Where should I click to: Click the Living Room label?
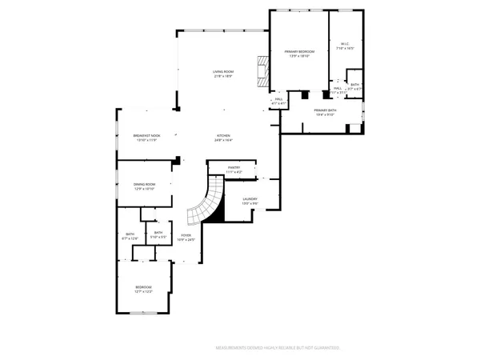pyautogui.click(x=222, y=71)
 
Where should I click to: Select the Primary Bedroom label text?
pyautogui.click(x=299, y=52)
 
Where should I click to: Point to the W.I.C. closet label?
pyautogui.click(x=346, y=44)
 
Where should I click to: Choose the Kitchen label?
pyautogui.click(x=223, y=135)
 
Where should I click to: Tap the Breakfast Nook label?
pyautogui.click(x=147, y=135)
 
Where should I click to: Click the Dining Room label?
pyautogui.click(x=145, y=184)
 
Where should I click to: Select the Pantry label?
pyautogui.click(x=234, y=167)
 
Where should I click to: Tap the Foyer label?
pyautogui.click(x=186, y=234)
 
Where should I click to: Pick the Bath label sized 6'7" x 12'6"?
pyautogui.click(x=130, y=234)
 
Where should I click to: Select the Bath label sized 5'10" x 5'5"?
pyautogui.click(x=158, y=232)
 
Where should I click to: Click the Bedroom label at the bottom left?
pyautogui.click(x=143, y=286)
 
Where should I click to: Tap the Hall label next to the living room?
pyautogui.click(x=279, y=99)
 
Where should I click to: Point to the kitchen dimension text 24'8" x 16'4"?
pyautogui.click(x=223, y=140)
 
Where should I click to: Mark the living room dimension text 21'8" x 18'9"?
pyautogui.click(x=222, y=76)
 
